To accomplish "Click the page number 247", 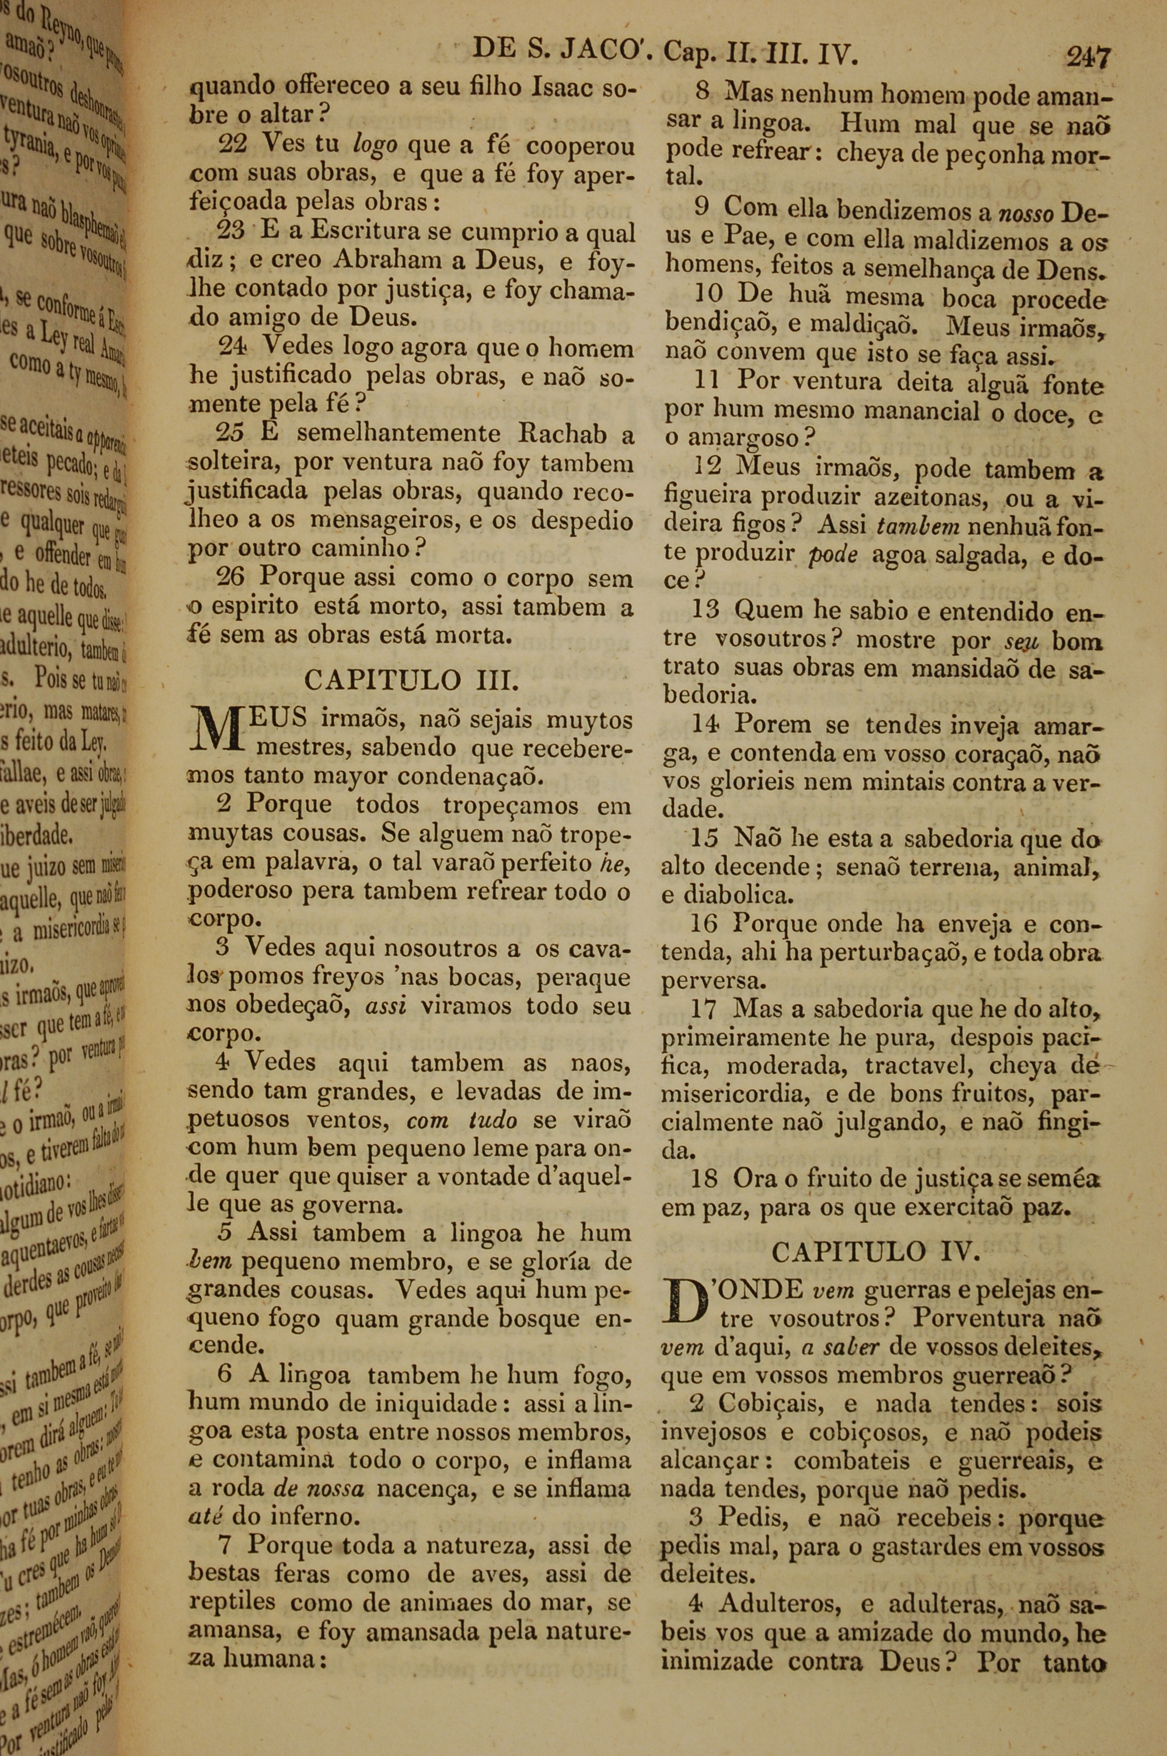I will click(x=1088, y=57).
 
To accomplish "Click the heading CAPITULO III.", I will click(x=410, y=680).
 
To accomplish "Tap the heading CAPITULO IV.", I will click(x=875, y=1251).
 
